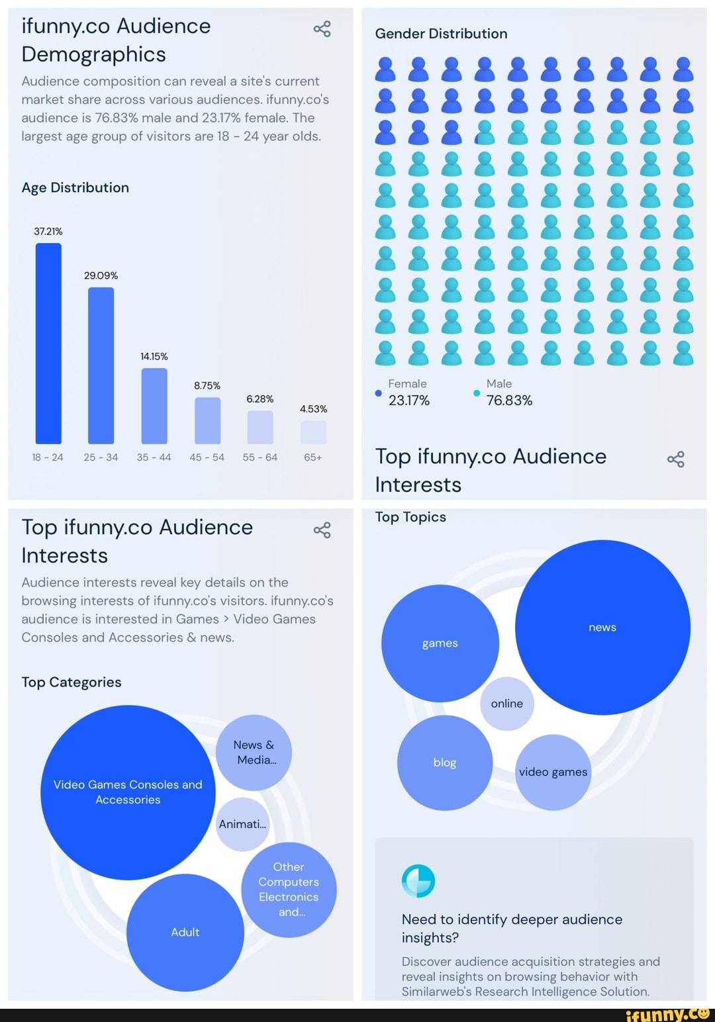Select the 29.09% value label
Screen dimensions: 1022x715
(101, 275)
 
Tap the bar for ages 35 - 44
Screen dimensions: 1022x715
(154, 406)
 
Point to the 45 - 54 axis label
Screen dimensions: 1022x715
(207, 457)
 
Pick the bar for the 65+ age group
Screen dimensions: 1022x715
(313, 432)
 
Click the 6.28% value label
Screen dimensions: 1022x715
(260, 399)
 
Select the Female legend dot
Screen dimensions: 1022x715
(379, 393)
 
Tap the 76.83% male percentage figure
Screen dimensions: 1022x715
(509, 400)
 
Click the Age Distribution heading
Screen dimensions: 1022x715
(75, 188)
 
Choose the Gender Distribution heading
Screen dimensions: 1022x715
(441, 34)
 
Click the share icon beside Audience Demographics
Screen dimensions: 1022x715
(322, 29)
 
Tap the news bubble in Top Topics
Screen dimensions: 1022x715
(602, 627)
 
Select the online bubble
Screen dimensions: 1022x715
(507, 704)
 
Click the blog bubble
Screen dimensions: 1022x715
(445, 763)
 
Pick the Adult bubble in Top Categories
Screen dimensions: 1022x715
(185, 932)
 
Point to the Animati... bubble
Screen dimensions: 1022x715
(242, 824)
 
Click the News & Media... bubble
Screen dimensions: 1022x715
(254, 753)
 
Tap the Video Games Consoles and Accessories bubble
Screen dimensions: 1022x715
(128, 792)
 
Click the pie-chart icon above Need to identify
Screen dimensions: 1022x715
(418, 881)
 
